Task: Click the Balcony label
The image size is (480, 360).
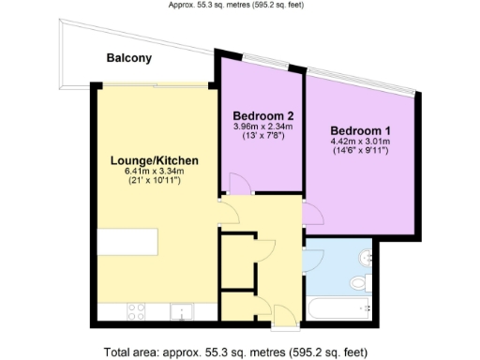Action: tap(129, 58)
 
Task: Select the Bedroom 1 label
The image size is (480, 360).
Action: tap(361, 130)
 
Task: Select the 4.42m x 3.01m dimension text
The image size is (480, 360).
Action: tap(361, 142)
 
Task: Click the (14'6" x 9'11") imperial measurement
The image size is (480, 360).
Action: tap(361, 152)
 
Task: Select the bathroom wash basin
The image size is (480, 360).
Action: tap(368, 256)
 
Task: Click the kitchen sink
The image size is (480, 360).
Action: tap(181, 311)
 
